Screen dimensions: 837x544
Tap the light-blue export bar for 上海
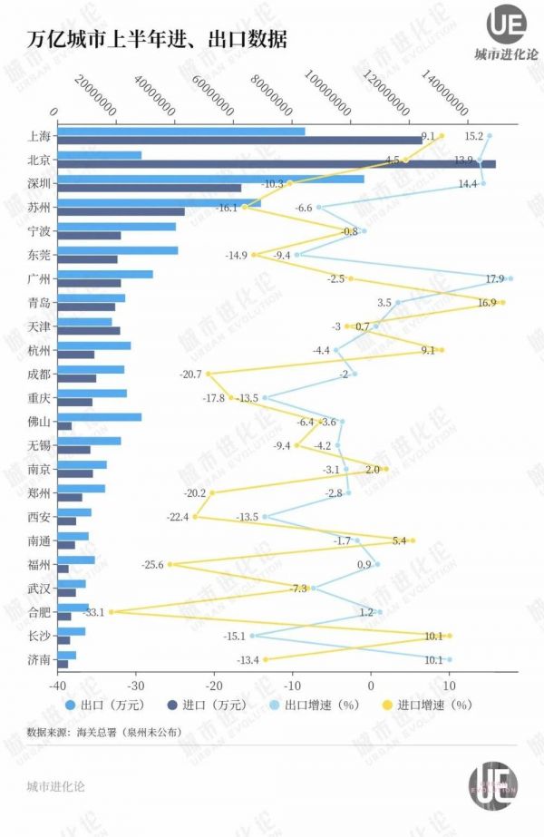181,131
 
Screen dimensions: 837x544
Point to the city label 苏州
39,207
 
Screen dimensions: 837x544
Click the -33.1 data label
94,611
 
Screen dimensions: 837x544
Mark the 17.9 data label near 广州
494,278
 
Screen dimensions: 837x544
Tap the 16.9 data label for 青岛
486,302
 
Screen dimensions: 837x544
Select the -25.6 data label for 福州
152,564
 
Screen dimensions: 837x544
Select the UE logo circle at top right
506,24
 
